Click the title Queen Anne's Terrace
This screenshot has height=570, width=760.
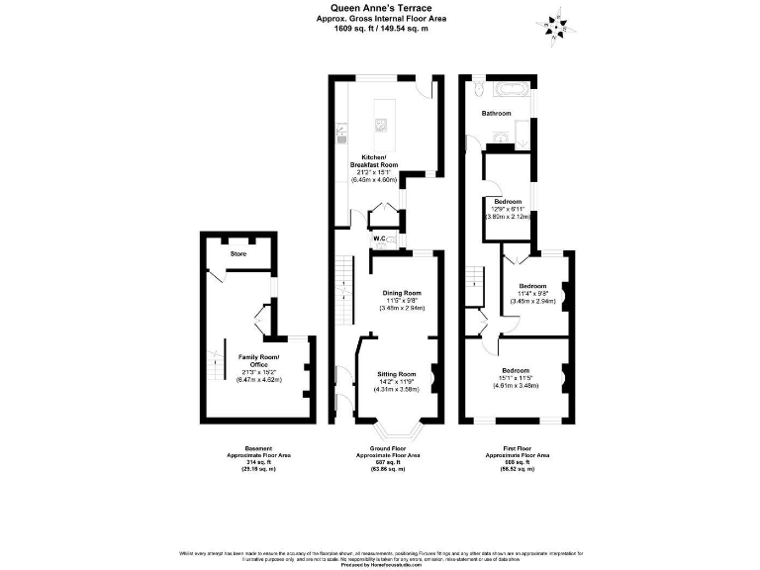(380, 8)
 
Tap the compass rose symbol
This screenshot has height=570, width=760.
(556, 24)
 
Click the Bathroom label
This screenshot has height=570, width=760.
(497, 114)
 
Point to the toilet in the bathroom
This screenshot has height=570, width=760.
(477, 90)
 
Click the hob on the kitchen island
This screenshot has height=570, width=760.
(381, 124)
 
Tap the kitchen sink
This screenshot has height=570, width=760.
(340, 129)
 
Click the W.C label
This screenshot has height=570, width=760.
(379, 239)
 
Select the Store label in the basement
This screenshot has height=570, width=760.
(237, 254)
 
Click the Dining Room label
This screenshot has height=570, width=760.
(402, 293)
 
